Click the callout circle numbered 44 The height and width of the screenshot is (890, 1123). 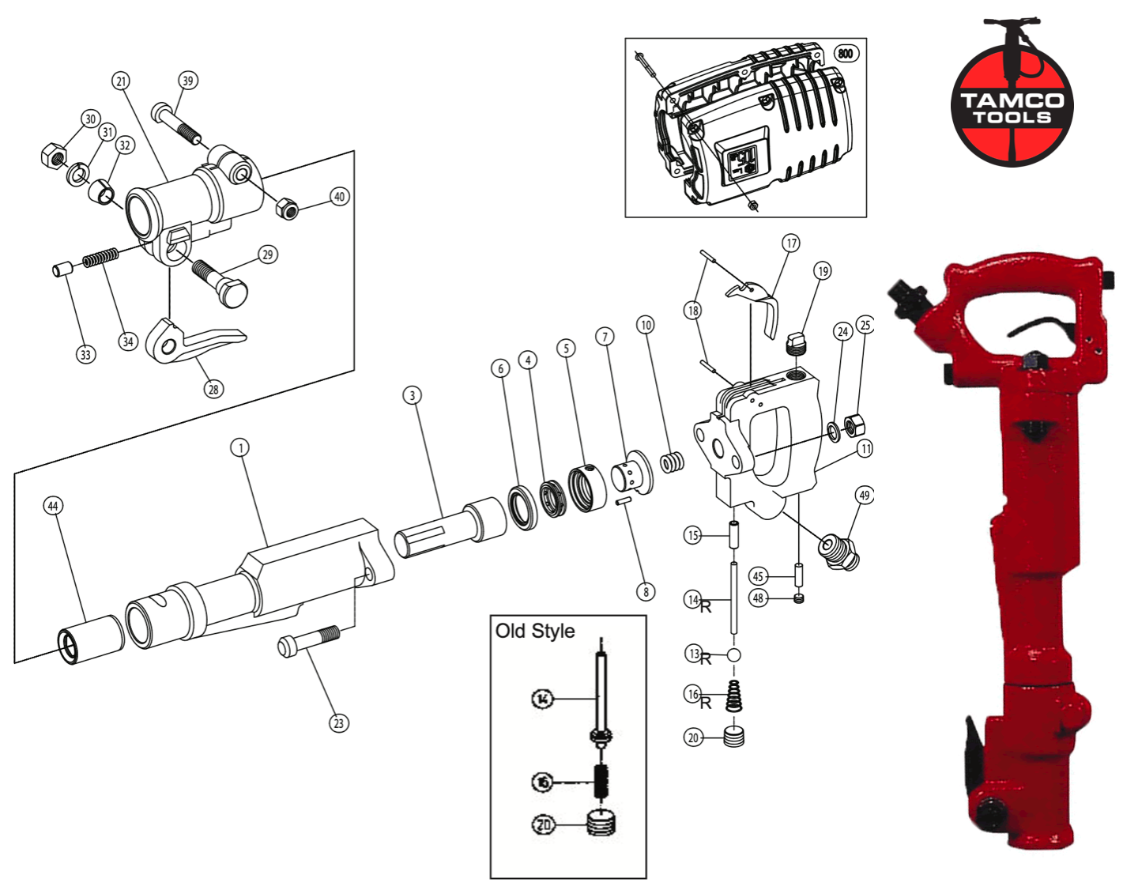point(53,506)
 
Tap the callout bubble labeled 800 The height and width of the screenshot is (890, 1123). point(846,54)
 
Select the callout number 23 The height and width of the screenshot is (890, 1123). point(339,722)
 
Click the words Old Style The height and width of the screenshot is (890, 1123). point(535,632)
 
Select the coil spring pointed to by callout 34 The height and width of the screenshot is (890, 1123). point(101,258)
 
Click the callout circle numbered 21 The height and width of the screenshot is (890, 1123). point(121,81)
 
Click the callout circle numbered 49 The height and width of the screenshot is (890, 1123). point(864,496)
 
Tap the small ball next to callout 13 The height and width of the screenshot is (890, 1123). point(733,655)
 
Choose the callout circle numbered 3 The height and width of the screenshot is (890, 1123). point(412,395)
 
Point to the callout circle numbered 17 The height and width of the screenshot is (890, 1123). point(791,243)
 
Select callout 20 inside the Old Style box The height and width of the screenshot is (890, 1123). point(543,824)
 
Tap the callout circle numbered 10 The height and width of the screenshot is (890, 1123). point(646,325)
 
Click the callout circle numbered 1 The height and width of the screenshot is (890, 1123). point(240,447)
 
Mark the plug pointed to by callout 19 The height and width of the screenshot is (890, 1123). point(798,345)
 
